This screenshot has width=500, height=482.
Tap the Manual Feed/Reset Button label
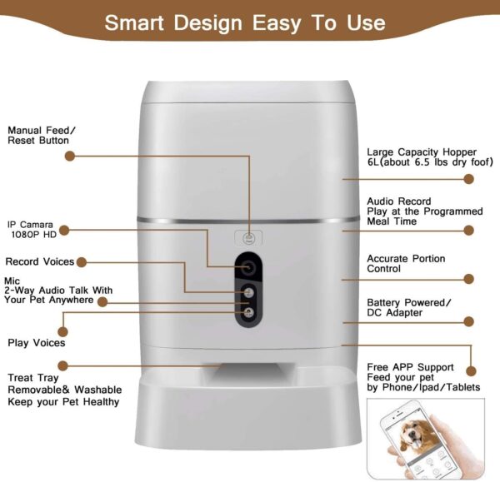click(x=42, y=136)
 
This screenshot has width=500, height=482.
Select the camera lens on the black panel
click(x=248, y=266)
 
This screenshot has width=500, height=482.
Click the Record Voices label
click(x=41, y=261)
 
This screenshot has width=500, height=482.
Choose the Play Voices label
click(x=37, y=342)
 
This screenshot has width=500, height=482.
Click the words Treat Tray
click(x=33, y=377)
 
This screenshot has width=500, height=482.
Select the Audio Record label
click(x=399, y=201)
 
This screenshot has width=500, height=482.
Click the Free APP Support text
click(x=411, y=367)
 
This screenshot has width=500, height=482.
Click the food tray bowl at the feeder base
click(x=249, y=400)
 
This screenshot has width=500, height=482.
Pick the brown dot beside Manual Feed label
click(x=70, y=156)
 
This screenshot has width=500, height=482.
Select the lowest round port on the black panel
click(x=248, y=311)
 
